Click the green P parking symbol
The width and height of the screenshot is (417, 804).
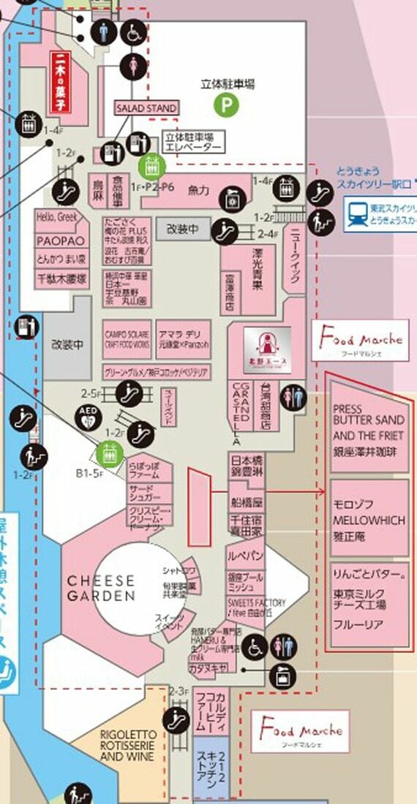[x=227, y=105]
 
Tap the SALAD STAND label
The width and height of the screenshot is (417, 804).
[x=146, y=108]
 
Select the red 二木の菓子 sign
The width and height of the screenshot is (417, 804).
[x=58, y=82]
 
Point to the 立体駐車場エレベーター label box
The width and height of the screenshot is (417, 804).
[x=193, y=142]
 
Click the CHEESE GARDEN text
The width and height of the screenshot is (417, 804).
[x=101, y=588]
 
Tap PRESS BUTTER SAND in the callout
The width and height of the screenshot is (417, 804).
[x=367, y=414]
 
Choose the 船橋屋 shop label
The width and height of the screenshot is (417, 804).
[x=247, y=503]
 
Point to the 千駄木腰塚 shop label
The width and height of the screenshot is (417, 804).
[x=61, y=278]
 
